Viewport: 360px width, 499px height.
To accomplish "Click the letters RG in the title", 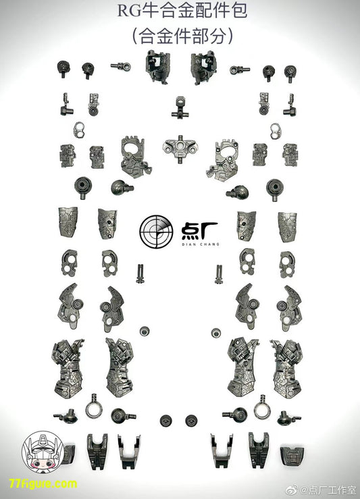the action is [x=129, y=11].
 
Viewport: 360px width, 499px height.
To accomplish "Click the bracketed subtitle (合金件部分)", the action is [x=183, y=36].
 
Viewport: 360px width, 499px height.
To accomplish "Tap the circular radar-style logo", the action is [x=156, y=232].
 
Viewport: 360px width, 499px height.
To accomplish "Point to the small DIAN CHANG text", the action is [x=201, y=244].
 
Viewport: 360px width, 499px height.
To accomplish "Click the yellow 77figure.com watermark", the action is [x=43, y=484].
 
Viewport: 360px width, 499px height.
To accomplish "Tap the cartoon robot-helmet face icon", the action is [x=43, y=451].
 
